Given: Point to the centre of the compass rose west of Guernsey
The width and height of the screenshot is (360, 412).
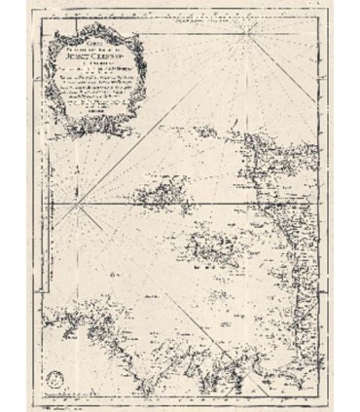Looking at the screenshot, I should coord(85,201).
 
